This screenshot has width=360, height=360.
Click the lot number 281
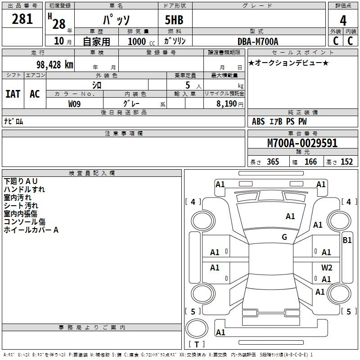click(x=22, y=19)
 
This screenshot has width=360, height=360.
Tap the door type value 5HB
click(x=174, y=20)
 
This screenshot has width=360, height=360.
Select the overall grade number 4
click(x=343, y=20)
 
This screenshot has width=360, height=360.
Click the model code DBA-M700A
click(x=258, y=41)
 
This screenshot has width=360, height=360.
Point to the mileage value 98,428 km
click(x=55, y=65)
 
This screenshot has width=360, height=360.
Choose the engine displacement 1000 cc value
click(x=141, y=41)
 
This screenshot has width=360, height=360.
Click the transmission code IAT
click(x=13, y=94)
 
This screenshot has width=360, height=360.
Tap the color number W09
click(x=74, y=104)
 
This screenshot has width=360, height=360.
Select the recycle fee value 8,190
click(x=226, y=104)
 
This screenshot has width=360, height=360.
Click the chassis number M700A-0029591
click(x=302, y=143)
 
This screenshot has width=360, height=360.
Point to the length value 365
click(x=273, y=162)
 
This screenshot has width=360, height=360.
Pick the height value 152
click(x=346, y=162)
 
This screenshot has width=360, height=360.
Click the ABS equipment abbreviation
click(x=258, y=121)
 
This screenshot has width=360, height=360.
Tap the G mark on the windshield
click(x=284, y=237)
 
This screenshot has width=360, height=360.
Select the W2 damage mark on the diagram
click(x=327, y=267)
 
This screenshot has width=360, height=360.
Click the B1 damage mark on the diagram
click(x=347, y=240)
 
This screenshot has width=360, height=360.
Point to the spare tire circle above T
click(x=197, y=328)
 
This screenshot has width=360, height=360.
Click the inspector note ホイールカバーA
click(x=31, y=230)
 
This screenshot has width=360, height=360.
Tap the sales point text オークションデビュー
click(x=288, y=63)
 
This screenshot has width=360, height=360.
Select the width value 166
click(x=310, y=162)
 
